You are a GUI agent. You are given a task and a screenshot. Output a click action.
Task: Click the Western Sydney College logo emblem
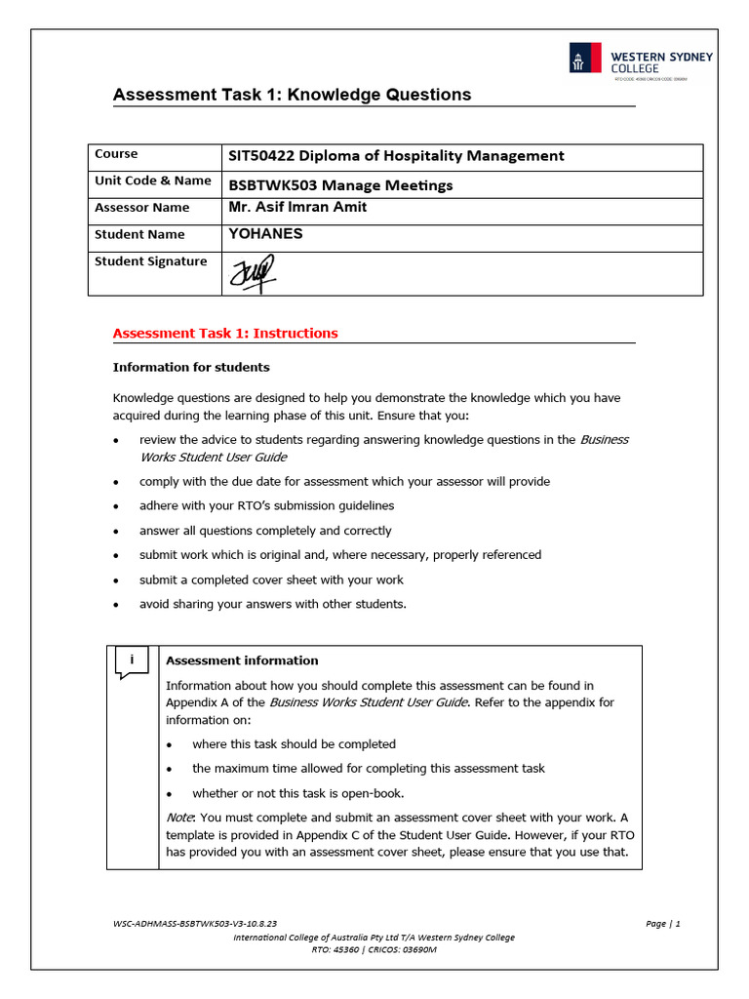pos(585,59)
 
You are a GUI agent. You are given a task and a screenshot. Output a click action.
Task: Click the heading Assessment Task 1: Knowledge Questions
pos(292,95)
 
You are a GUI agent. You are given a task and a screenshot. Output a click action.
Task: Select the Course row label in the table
pos(116,154)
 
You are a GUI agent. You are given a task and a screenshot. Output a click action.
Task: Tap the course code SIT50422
pos(260,156)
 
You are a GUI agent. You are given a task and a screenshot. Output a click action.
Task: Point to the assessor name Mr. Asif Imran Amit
pos(297,208)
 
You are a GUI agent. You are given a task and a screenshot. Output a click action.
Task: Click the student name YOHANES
pos(265,234)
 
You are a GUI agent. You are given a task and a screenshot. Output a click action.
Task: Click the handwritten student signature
pos(252,273)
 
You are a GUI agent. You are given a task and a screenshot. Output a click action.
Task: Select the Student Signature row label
pos(150,261)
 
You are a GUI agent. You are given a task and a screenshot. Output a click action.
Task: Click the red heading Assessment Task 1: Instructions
pos(225,333)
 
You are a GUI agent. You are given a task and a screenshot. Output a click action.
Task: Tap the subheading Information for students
pos(191,368)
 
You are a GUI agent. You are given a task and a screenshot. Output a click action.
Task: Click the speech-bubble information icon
pos(132,662)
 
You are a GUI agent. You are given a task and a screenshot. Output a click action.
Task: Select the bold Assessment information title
pos(242,660)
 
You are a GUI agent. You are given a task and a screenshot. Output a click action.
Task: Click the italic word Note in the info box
pos(177,817)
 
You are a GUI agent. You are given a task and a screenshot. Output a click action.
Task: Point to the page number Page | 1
pos(662,923)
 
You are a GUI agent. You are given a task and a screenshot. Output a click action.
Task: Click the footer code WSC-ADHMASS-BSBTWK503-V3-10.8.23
pos(195,923)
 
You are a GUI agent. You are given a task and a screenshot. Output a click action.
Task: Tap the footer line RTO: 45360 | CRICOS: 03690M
pos(374,949)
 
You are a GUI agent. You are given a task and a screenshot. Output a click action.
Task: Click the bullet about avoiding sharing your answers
pos(272,604)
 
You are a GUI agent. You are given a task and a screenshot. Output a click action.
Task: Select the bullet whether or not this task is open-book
pos(297,793)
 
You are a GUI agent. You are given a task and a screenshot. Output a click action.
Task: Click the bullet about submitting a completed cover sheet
pos(271,579)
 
